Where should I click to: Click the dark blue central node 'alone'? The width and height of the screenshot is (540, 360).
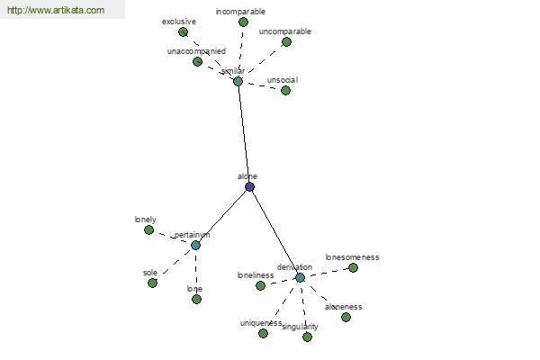[x=249, y=186]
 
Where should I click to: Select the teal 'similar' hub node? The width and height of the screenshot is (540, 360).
[x=238, y=81]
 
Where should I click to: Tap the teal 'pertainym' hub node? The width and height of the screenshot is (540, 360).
[x=195, y=245]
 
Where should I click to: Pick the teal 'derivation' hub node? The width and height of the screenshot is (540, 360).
[x=300, y=277]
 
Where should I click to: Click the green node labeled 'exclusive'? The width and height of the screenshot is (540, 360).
[x=183, y=32]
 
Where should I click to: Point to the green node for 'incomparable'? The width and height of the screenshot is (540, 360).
[x=243, y=22]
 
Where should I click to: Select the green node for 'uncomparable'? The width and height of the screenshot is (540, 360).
[x=286, y=41]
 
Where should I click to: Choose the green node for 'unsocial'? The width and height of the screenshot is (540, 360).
[x=285, y=90]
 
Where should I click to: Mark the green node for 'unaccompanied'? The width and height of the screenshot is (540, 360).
[x=197, y=61]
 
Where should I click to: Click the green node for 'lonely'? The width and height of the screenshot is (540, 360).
[x=148, y=229]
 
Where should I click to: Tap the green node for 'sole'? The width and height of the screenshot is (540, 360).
[x=152, y=283]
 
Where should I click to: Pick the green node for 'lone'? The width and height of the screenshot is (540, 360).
[x=196, y=299]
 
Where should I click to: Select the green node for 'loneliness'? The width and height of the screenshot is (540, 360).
[x=260, y=285]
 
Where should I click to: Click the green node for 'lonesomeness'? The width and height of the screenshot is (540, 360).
[x=353, y=267]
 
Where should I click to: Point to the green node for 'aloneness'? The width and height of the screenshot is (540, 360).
[x=346, y=317]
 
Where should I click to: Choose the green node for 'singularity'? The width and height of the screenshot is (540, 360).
[x=307, y=337]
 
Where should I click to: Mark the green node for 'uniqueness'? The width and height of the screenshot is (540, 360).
[x=263, y=333]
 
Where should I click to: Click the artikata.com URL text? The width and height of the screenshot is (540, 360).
[x=55, y=11]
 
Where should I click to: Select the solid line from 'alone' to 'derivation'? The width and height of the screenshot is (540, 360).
[x=274, y=232]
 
